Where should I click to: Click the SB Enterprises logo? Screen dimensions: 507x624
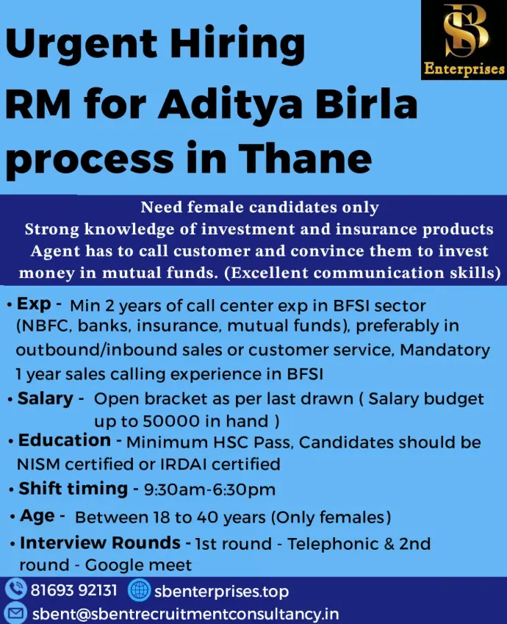(464, 40)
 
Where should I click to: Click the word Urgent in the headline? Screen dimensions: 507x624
(82, 46)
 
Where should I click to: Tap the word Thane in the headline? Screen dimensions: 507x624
(305, 158)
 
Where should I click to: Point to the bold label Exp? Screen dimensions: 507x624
(34, 304)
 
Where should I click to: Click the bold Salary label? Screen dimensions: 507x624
(46, 398)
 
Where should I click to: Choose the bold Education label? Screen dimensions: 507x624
(65, 440)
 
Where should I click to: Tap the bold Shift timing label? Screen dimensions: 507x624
(73, 489)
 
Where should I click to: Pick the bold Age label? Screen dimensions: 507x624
(37, 516)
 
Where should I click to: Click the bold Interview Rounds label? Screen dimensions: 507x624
(100, 542)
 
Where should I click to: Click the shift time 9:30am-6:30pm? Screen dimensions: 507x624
(209, 489)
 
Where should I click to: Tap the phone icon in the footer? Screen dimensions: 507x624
(16, 589)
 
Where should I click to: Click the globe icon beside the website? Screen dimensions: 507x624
(140, 589)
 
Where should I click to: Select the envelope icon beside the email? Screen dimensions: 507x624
(16, 613)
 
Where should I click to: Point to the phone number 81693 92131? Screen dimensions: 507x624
(74, 590)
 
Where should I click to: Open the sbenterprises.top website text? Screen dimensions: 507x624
(222, 592)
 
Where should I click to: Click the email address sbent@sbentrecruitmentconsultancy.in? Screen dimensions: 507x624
(185, 614)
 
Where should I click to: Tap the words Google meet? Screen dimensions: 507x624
(138, 565)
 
